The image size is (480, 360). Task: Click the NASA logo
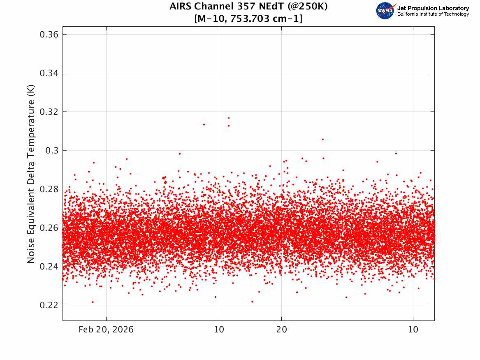385,10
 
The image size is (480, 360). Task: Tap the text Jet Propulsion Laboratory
433,8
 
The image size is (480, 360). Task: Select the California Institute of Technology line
433,14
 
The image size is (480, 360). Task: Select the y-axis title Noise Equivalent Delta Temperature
31,174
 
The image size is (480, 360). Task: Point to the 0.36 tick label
48,34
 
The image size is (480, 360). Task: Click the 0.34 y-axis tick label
48,73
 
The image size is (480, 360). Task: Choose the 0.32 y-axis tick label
48,111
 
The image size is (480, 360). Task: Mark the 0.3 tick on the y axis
51,151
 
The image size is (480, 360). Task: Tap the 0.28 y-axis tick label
48,189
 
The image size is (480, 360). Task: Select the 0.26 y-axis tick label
48,228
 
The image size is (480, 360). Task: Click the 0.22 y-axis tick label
48,305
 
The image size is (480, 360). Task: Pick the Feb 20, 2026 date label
106,330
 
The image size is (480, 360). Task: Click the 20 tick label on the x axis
281,330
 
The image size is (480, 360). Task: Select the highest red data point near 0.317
229,118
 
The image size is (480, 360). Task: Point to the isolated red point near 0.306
323,139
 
